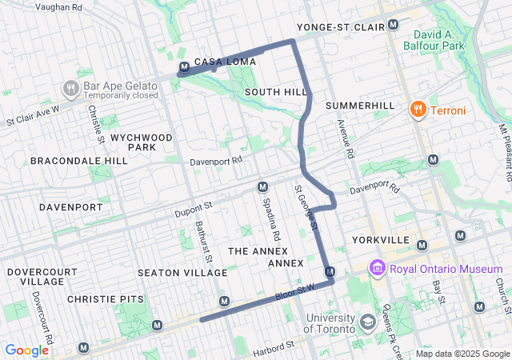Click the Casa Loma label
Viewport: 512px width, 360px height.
225,62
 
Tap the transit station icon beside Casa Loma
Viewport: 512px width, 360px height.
184,67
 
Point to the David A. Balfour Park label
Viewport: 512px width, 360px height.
439,40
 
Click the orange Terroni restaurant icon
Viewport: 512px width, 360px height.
416,110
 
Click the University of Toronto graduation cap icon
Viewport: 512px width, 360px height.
367,322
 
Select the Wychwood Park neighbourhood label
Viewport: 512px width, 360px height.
142,142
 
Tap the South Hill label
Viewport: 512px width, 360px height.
276,92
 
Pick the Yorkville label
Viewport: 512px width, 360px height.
380,241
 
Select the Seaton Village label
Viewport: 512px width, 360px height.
182,273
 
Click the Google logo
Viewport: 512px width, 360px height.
26,350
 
